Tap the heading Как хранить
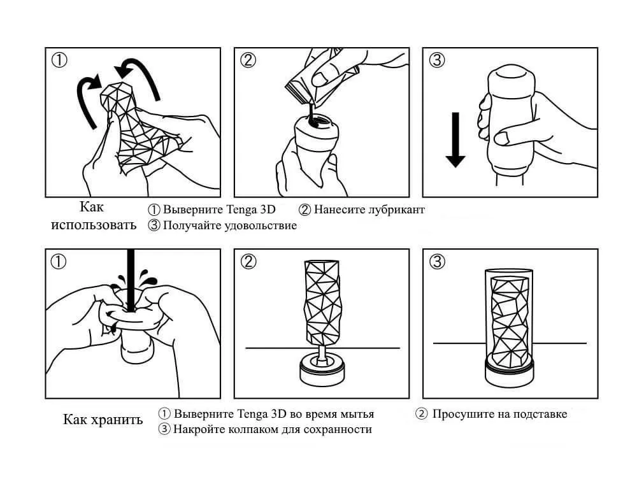103,420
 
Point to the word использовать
94,225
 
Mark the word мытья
357,414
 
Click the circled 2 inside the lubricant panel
248,61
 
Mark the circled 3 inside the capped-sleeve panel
437,262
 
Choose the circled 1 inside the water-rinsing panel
59,262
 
